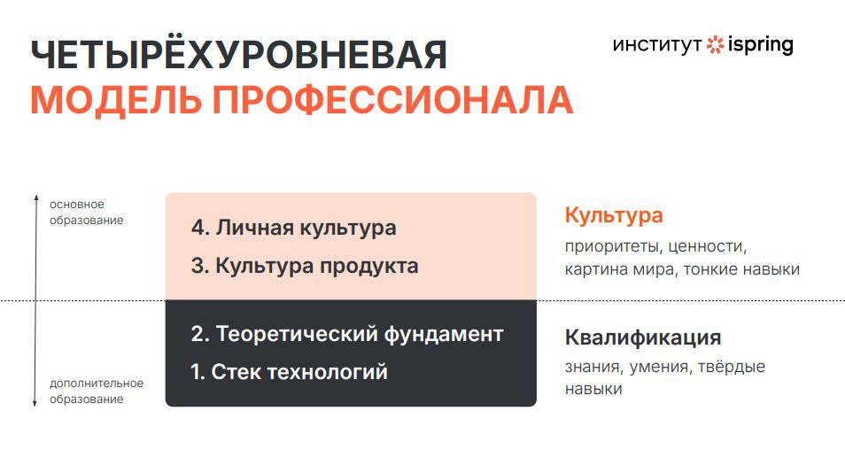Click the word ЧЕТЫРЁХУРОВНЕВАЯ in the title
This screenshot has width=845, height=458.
(x=239, y=54)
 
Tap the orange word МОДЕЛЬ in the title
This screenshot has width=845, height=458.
(x=116, y=100)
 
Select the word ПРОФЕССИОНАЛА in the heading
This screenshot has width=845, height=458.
(x=393, y=100)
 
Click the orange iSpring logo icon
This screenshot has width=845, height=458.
(x=715, y=44)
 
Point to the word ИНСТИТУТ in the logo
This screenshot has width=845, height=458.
(x=657, y=45)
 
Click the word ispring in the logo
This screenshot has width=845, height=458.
(x=760, y=45)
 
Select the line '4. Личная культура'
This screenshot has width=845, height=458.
(x=294, y=228)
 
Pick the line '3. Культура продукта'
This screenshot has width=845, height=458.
(x=305, y=266)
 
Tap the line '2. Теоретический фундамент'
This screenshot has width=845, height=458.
(x=347, y=334)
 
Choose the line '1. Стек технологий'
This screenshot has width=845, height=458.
(x=290, y=372)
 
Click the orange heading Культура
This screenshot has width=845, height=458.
(x=614, y=215)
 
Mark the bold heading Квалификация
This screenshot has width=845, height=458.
(x=643, y=338)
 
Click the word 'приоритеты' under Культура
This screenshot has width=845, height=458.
(x=614, y=247)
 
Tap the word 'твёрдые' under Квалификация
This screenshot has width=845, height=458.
(x=732, y=367)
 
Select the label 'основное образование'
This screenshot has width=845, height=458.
(x=86, y=213)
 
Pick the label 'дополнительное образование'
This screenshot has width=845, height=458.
(x=97, y=392)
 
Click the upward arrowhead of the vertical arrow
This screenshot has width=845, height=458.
(x=36, y=198)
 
